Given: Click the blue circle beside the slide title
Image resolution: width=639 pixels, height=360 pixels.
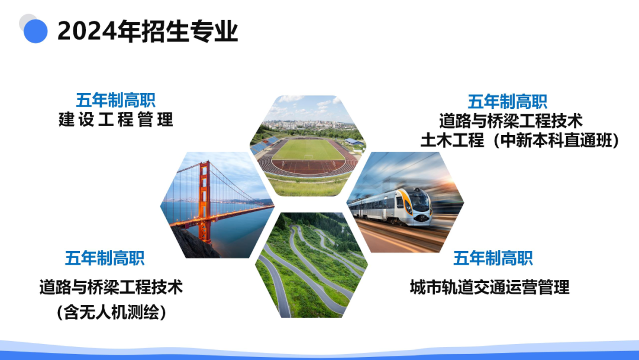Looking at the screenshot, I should coord(35,31).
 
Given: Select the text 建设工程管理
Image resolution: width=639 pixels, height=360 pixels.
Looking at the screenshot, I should coord(116,120).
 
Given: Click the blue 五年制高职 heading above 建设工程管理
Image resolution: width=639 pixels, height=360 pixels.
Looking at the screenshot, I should coord(116,100).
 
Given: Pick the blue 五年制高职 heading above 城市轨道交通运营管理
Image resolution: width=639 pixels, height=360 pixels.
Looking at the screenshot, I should coord(493,258).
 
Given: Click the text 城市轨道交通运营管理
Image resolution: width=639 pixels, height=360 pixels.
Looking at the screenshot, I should coord(489,288).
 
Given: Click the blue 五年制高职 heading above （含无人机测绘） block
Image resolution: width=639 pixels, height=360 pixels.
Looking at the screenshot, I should coord(105,258).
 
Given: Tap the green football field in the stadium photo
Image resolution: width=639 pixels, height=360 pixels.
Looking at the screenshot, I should coord(307,150).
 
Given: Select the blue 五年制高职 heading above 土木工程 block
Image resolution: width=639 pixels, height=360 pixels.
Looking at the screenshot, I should coord(507,101).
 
